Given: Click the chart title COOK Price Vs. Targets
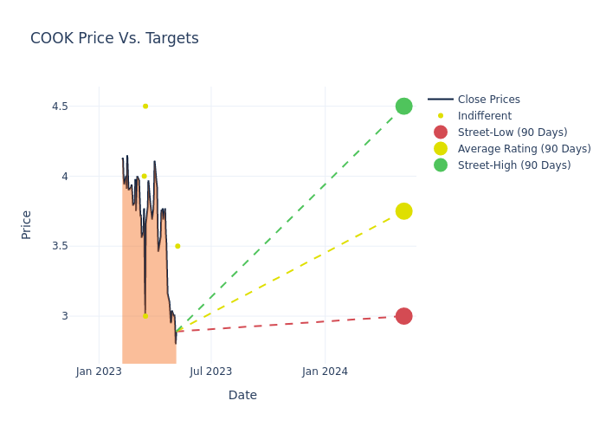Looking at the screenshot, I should (x=114, y=38).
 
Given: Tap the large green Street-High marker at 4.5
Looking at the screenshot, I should (x=403, y=107).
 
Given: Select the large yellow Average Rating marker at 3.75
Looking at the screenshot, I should (x=403, y=211).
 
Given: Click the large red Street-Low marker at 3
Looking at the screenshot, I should (x=403, y=316).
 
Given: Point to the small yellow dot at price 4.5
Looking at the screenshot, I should (x=145, y=107).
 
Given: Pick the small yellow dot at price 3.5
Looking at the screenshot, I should (x=177, y=246).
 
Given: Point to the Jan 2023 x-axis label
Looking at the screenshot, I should (x=99, y=372).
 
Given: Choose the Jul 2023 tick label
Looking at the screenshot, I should (x=210, y=372).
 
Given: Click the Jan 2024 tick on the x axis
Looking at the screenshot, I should (x=326, y=372).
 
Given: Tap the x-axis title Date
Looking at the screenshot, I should (x=242, y=396).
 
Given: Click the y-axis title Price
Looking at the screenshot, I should (x=26, y=224).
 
